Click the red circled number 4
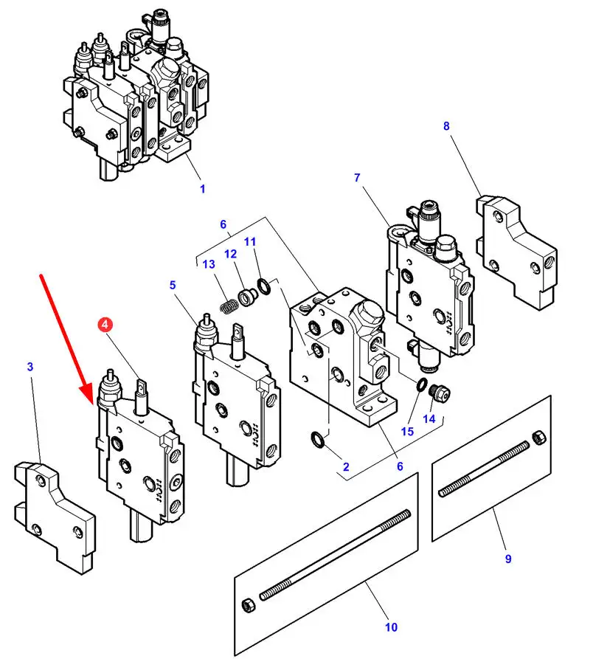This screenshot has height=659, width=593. coord(105,325)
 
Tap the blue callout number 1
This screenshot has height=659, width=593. coord(202,189)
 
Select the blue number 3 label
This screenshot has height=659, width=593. coord(30,367)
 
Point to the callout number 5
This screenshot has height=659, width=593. coord(172,285)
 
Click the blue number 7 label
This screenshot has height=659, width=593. coord(357,177)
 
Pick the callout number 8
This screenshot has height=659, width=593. coord(446,125)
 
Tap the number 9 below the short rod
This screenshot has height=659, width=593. coord(508,559)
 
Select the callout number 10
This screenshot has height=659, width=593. coord(391,627)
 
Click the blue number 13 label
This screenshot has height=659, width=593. coord(209,264)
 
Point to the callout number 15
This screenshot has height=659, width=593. coord(407,431)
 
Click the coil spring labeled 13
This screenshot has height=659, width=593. coord(229,305)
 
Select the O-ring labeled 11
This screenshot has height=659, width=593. coord(264,286)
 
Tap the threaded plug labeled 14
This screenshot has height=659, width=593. coord(440,394)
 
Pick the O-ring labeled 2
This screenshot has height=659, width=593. coord(318,439)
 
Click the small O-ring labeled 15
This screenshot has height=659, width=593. coord(422,384)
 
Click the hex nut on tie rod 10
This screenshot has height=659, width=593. coord(249,605)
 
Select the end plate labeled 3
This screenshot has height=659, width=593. coord(54,517)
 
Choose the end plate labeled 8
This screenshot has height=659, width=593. coord(516,252)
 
